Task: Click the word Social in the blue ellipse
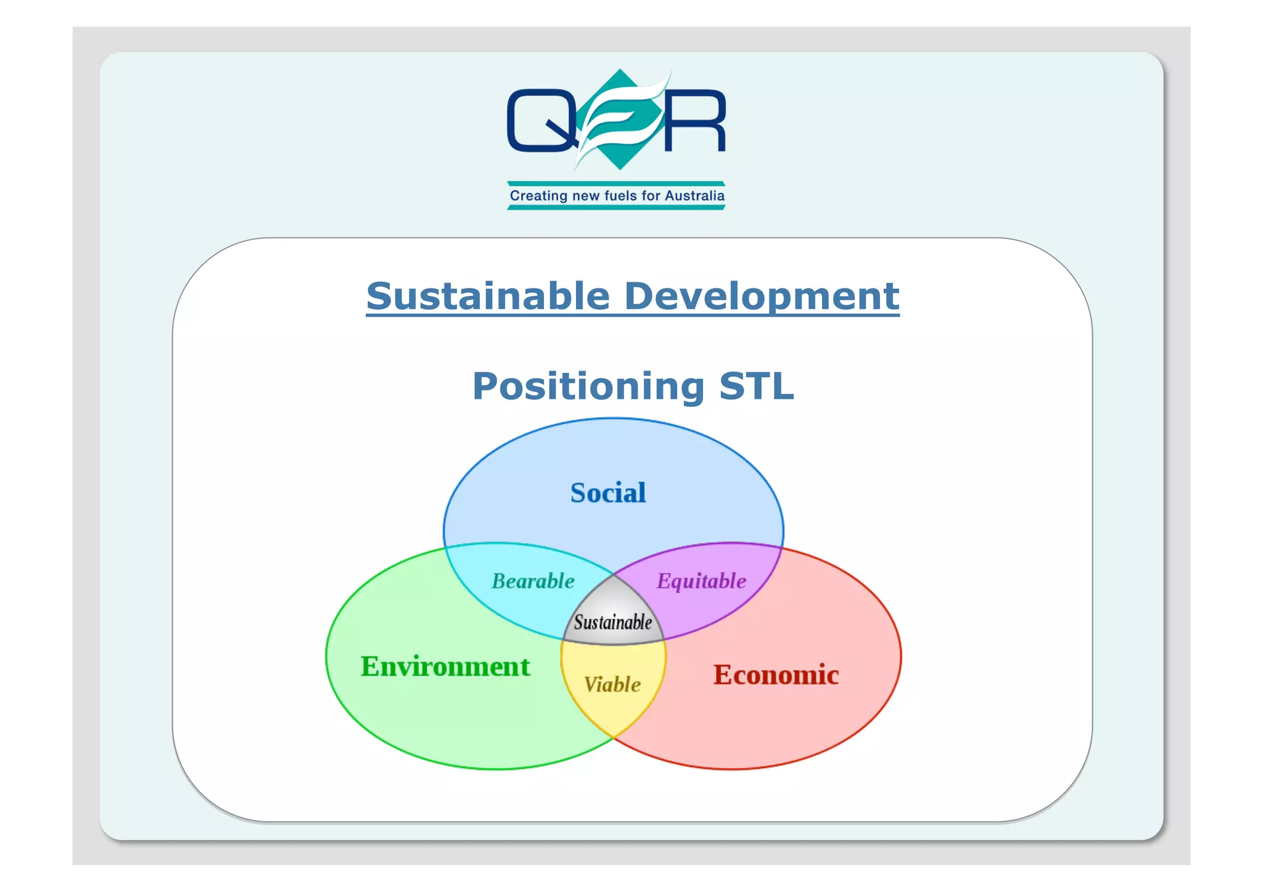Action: coord(608,493)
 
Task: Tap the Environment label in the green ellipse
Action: coord(445,666)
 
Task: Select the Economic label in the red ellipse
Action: coord(776,674)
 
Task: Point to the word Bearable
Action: coord(533,581)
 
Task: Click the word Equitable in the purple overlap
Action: coord(701,581)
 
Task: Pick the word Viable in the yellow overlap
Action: coord(612,684)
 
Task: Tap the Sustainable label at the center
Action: coord(612,622)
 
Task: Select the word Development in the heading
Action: coord(761,296)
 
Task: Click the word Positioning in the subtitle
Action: coord(588,387)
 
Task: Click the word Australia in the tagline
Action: coord(694,195)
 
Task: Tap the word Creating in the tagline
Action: coord(538,195)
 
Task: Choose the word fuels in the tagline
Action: coord(620,195)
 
